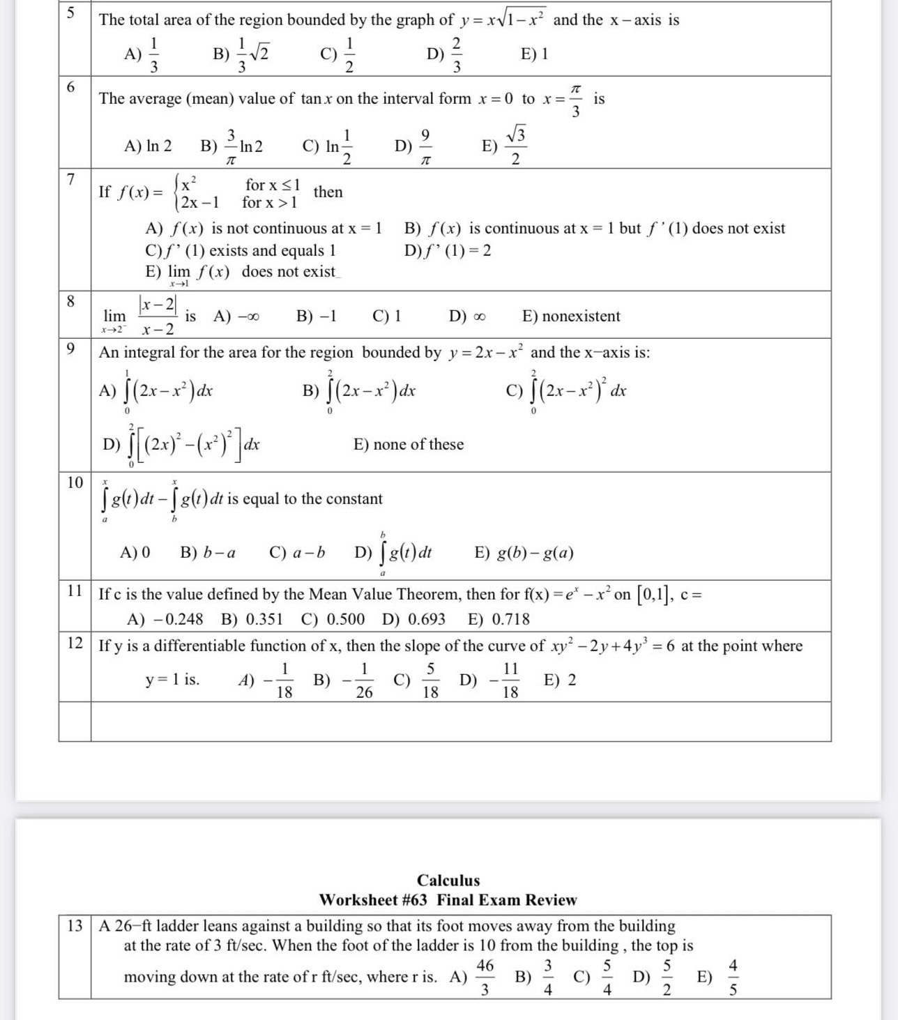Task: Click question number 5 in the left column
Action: click(x=69, y=14)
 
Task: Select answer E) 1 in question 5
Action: click(x=534, y=54)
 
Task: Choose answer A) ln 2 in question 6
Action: click(x=148, y=146)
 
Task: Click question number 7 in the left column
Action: click(x=70, y=178)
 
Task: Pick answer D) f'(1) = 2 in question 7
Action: click(x=448, y=250)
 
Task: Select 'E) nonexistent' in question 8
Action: click(x=570, y=317)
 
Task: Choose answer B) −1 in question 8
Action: click(x=317, y=317)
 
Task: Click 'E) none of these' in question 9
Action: click(x=409, y=445)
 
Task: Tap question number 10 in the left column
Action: click(x=75, y=482)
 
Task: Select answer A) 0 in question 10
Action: click(x=135, y=554)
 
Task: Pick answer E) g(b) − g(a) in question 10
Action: click(x=524, y=554)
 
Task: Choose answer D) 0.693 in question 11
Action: click(x=413, y=619)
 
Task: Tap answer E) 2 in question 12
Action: click(x=560, y=680)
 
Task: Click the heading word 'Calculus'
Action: click(x=448, y=881)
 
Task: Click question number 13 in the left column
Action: click(x=75, y=926)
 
